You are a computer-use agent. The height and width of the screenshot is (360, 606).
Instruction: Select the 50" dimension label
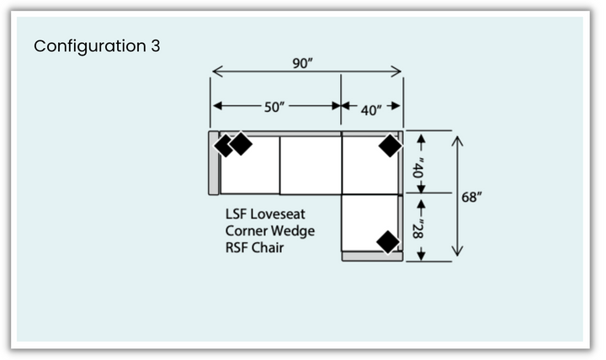[275, 107]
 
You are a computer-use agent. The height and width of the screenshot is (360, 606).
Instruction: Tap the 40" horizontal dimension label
[370, 109]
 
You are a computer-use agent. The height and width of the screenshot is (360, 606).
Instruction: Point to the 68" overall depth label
[472, 197]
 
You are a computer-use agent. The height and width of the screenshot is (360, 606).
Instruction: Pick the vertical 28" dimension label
[418, 225]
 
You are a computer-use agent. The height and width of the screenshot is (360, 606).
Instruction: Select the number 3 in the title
[156, 45]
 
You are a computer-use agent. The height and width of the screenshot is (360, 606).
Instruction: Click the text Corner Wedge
[269, 230]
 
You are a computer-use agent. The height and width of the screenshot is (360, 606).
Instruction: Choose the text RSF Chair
[254, 247]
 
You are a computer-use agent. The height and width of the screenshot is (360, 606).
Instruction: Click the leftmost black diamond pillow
[225, 146]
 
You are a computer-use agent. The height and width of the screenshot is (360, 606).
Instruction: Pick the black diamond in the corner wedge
[390, 146]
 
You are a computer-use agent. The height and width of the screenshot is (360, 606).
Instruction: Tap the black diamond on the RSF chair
[387, 241]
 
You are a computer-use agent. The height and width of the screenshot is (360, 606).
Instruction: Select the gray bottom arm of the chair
[371, 257]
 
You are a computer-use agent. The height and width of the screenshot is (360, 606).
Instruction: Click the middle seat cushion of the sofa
[310, 165]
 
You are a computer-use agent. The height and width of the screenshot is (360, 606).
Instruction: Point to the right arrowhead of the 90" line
[398, 71]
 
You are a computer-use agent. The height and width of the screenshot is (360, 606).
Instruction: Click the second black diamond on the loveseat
[242, 144]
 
